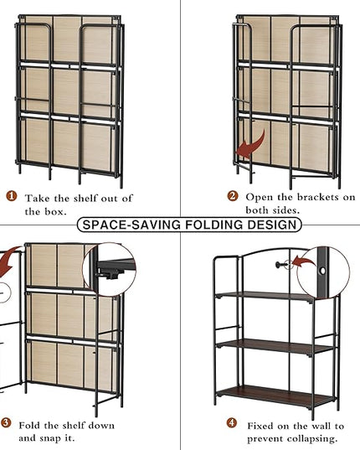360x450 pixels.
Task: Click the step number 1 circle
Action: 12,196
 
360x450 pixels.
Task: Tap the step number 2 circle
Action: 233,196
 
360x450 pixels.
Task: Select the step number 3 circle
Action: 6,423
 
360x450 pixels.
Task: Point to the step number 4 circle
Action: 232,422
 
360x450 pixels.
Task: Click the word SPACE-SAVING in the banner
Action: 131,225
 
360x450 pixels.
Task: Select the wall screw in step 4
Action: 281,265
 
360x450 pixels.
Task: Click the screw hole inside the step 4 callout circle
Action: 323,271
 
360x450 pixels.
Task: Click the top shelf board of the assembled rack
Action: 265,297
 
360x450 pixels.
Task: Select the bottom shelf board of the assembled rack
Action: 275,396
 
